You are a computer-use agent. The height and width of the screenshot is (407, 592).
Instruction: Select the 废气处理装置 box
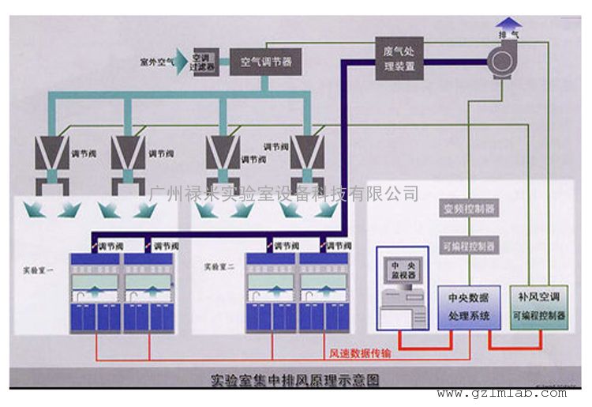pos(399,58)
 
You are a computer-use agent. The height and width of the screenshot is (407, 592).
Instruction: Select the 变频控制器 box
pos(469,209)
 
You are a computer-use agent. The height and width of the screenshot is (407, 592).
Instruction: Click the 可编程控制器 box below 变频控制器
pos(469,247)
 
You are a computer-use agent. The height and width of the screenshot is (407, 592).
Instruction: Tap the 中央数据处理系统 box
pos(469,307)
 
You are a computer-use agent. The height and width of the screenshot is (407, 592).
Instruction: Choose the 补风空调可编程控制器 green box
pos(539,307)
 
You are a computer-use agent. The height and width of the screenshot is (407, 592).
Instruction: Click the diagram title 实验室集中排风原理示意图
pos(295,380)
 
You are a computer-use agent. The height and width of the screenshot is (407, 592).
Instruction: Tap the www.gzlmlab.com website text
pos(501,393)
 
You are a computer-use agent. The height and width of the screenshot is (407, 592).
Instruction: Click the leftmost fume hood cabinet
pos(96,292)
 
